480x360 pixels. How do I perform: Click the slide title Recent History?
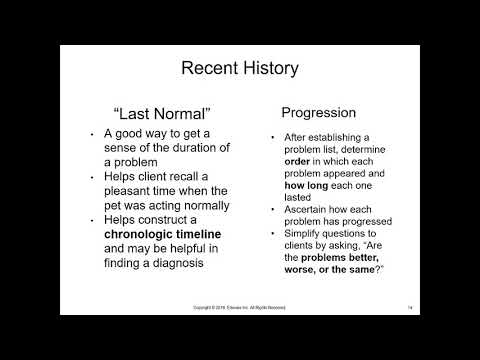coord(240,69)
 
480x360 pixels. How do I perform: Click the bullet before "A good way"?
coord(92,134)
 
